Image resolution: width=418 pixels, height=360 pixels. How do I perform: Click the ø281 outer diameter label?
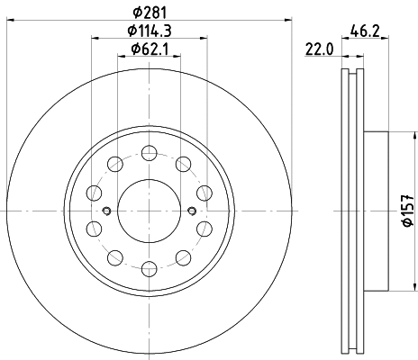[150, 12]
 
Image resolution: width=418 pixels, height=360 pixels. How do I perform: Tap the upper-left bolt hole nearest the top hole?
[115, 164]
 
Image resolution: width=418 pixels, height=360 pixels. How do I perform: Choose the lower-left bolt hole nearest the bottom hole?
[115, 255]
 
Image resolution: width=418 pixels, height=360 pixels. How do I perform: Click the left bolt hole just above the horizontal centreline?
[95, 193]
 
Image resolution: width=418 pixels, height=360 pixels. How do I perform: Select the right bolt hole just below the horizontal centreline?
[203, 227]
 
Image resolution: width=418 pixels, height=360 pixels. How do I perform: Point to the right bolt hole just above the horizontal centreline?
[203, 193]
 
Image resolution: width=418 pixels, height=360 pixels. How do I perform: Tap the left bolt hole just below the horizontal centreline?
[95, 227]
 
